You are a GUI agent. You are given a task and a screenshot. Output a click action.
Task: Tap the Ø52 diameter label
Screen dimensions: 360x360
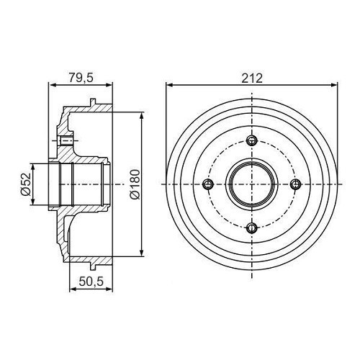coord(24,185)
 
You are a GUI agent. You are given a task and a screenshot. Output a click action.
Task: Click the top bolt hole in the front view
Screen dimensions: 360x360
coord(251,140)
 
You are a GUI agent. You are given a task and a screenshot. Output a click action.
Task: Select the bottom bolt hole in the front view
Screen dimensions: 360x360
coord(251,228)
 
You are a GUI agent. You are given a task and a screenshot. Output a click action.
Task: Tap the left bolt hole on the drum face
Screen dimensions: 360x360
coord(207,184)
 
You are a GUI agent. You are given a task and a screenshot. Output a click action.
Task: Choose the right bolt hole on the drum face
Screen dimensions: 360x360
coord(295,184)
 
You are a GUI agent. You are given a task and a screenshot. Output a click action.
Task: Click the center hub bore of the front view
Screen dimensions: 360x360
coord(251,184)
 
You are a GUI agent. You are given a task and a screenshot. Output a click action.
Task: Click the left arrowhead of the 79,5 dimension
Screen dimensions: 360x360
coord(51,84)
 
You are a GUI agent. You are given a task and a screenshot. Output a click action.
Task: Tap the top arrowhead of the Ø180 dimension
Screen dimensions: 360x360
coord(142,115)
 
